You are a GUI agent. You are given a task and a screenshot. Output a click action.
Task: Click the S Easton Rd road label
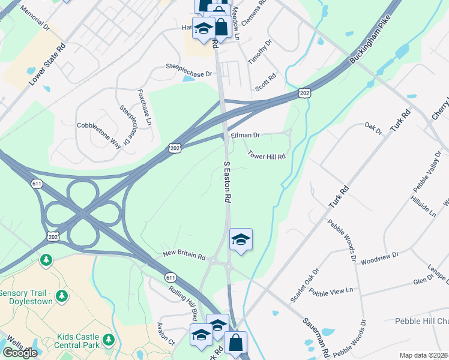pyautogui.click(x=228, y=181)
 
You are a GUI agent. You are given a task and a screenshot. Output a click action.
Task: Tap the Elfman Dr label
pyautogui.click(x=245, y=136)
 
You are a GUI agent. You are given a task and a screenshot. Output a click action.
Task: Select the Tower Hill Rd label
pyautogui.click(x=266, y=156)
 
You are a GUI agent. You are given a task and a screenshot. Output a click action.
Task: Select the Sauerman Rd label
pyautogui.click(x=315, y=333)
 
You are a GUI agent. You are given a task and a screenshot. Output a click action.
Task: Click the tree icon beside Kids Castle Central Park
pyautogui.click(x=109, y=340)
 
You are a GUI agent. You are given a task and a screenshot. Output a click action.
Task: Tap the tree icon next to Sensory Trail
pyautogui.click(x=61, y=296)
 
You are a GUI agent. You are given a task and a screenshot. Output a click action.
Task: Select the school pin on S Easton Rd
pyautogui.click(x=241, y=240)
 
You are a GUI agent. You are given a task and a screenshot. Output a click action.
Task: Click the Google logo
pyautogui.click(x=20, y=353)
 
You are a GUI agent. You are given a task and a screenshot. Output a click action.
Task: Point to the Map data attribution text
pyautogui.click(x=423, y=355)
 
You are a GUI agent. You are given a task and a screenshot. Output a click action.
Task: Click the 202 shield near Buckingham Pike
pyautogui.click(x=305, y=92)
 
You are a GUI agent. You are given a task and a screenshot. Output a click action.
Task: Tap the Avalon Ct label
pyautogui.click(x=164, y=334)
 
